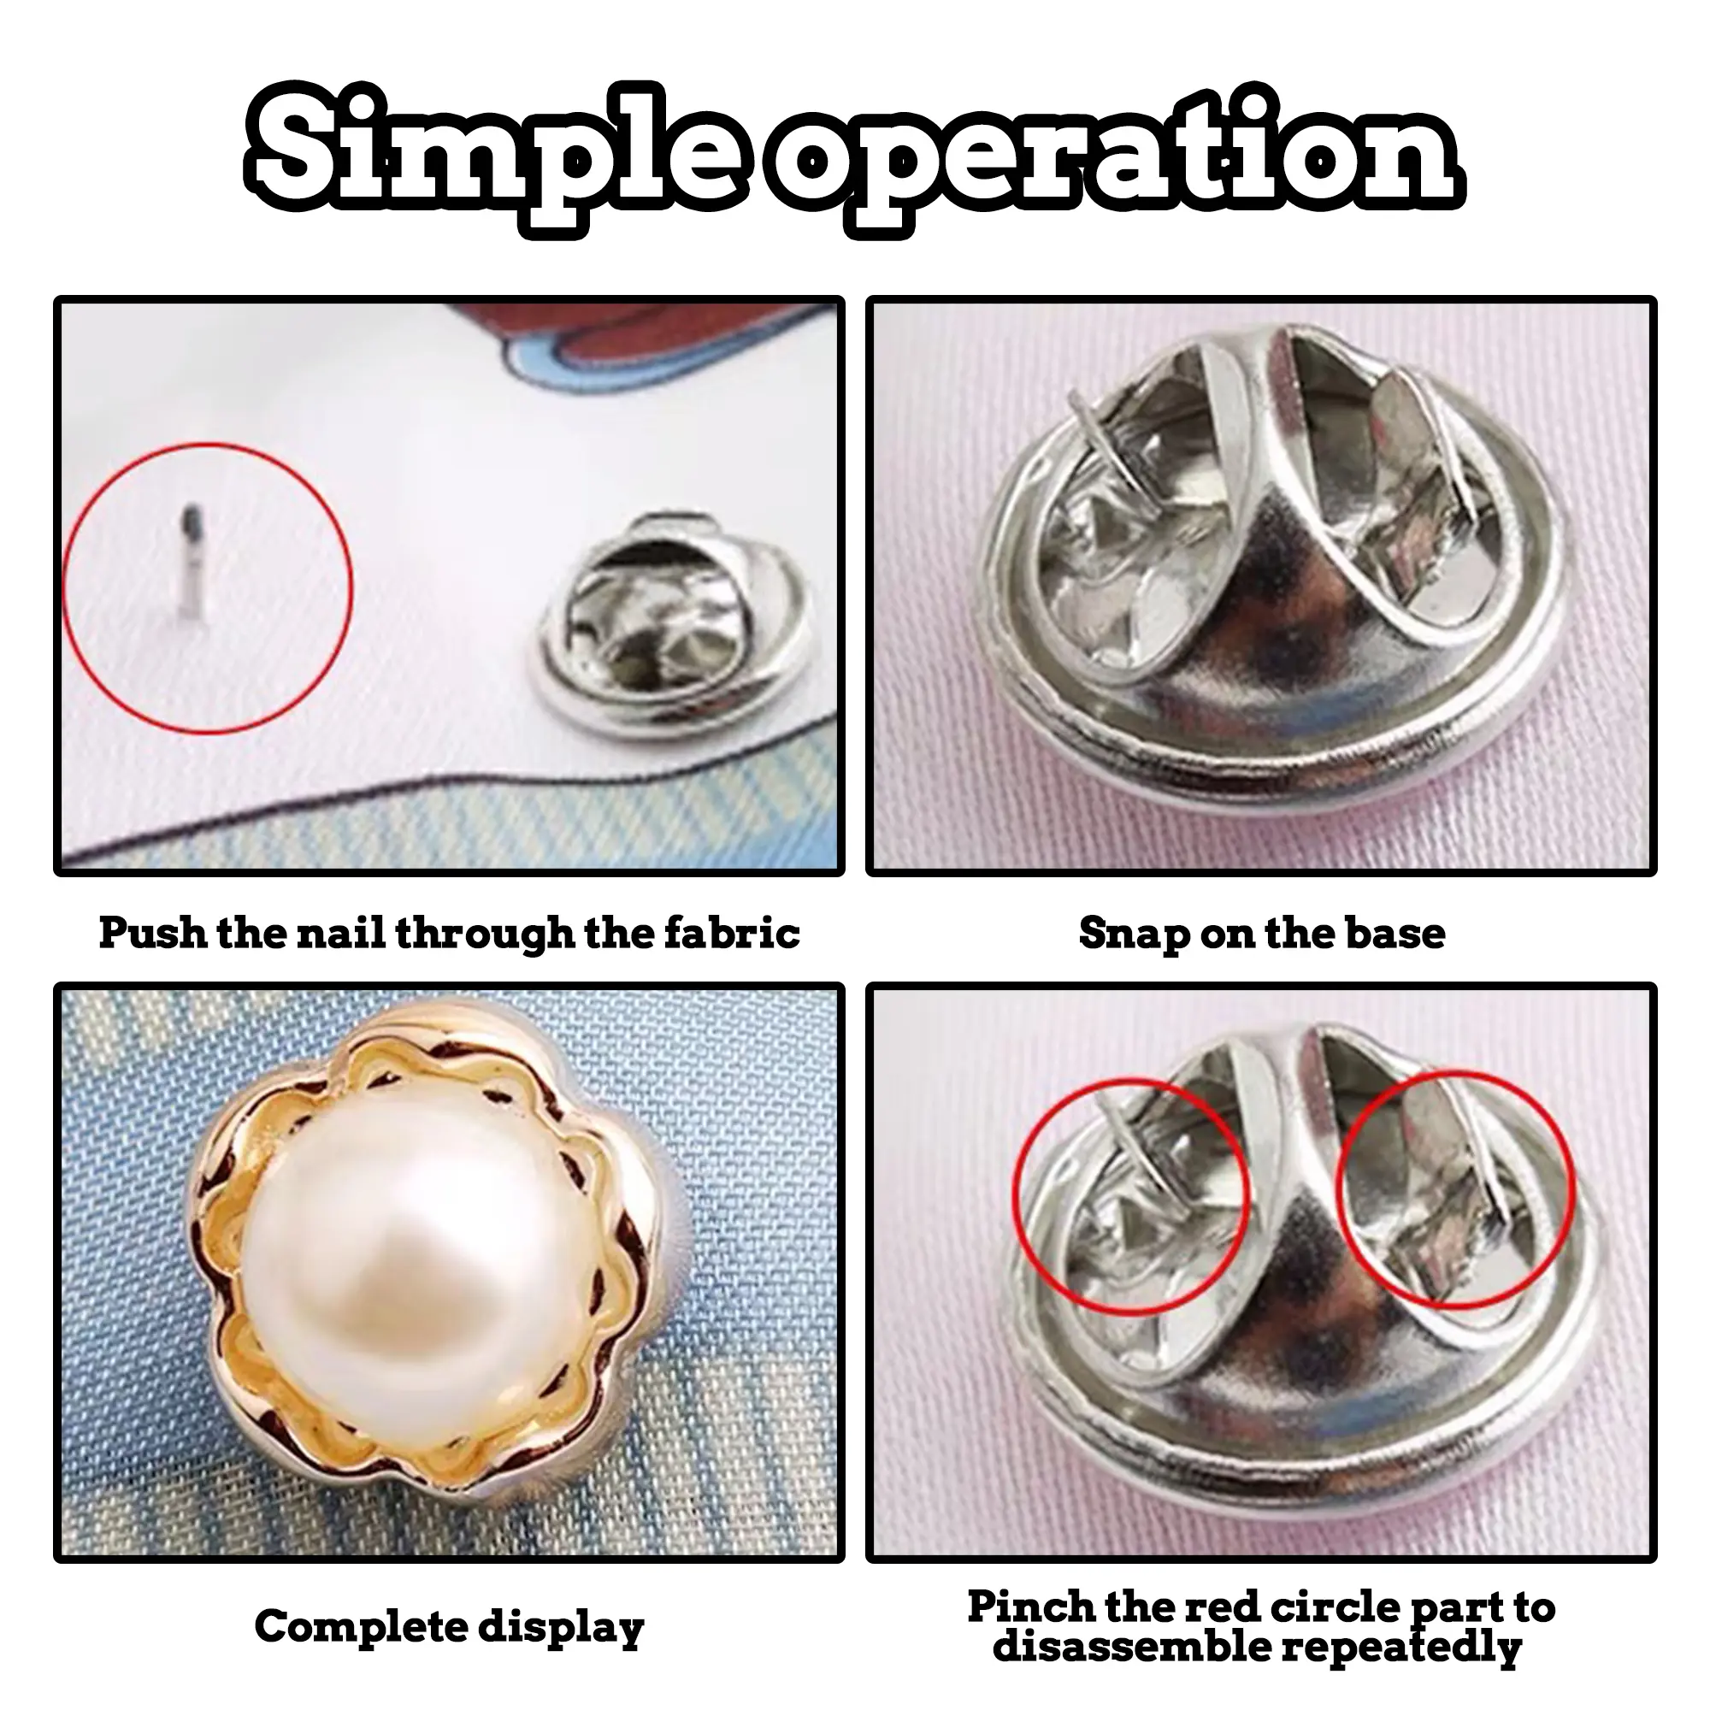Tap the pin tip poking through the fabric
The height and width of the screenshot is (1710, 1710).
point(192,561)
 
